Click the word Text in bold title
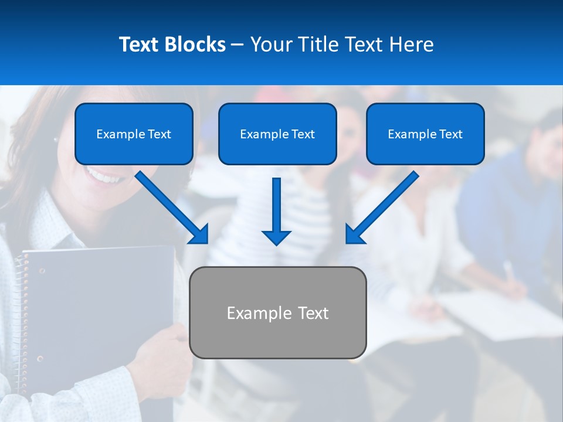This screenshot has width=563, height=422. click(138, 45)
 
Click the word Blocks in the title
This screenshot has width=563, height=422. click(195, 45)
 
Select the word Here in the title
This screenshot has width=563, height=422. click(414, 45)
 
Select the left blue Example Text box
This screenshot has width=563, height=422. click(134, 134)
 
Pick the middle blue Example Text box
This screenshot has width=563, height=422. click(277, 134)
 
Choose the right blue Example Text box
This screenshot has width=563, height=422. click(425, 134)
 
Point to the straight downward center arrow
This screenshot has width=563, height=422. click(276, 205)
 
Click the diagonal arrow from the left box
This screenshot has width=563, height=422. click(170, 205)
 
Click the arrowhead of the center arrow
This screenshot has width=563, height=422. click(276, 237)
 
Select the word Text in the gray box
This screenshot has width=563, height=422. click(313, 313)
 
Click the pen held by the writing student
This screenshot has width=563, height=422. click(508, 271)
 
